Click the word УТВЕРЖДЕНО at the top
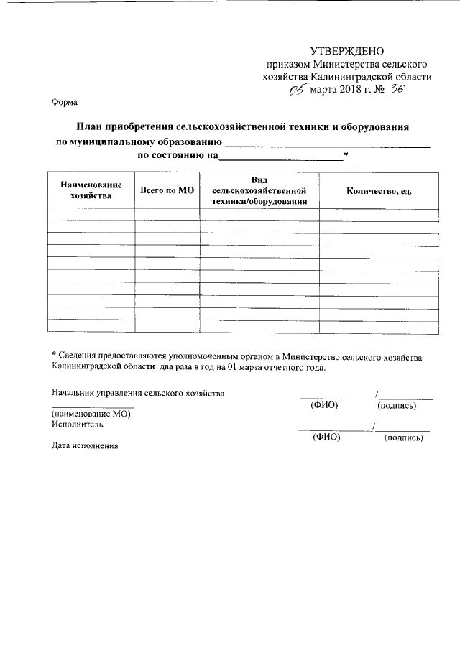coord(347,51)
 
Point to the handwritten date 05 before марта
coord(296,90)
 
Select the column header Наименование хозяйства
coord(91,190)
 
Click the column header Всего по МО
coord(167,190)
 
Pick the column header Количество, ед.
coord(378,190)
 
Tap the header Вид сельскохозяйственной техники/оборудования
coord(259,190)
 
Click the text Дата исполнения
coord(84,445)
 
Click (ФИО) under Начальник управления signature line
coord(324,406)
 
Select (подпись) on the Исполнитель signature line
coord(404,437)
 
